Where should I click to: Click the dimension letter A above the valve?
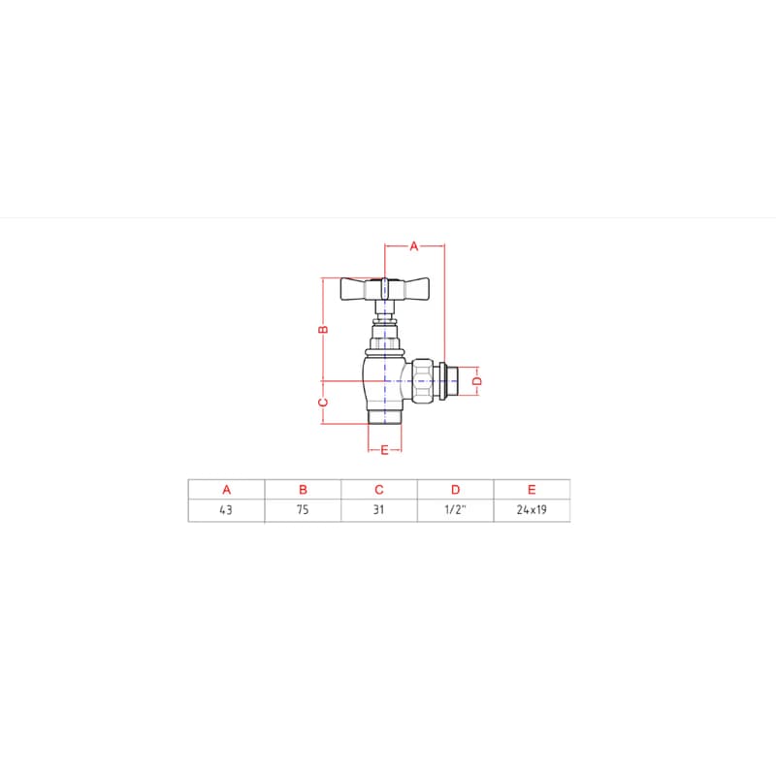pyautogui.click(x=414, y=246)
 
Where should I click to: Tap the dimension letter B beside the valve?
pyautogui.click(x=323, y=329)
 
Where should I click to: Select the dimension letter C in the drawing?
pyautogui.click(x=323, y=403)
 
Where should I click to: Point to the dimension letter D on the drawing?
pyautogui.click(x=477, y=381)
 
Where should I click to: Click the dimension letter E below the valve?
pyautogui.click(x=384, y=450)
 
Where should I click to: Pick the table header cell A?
pyautogui.click(x=227, y=490)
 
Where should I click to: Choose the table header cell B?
pyautogui.click(x=303, y=490)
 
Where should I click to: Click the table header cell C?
pyautogui.click(x=379, y=490)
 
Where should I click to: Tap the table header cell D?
pyautogui.click(x=455, y=490)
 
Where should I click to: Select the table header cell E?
pyautogui.click(x=532, y=490)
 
